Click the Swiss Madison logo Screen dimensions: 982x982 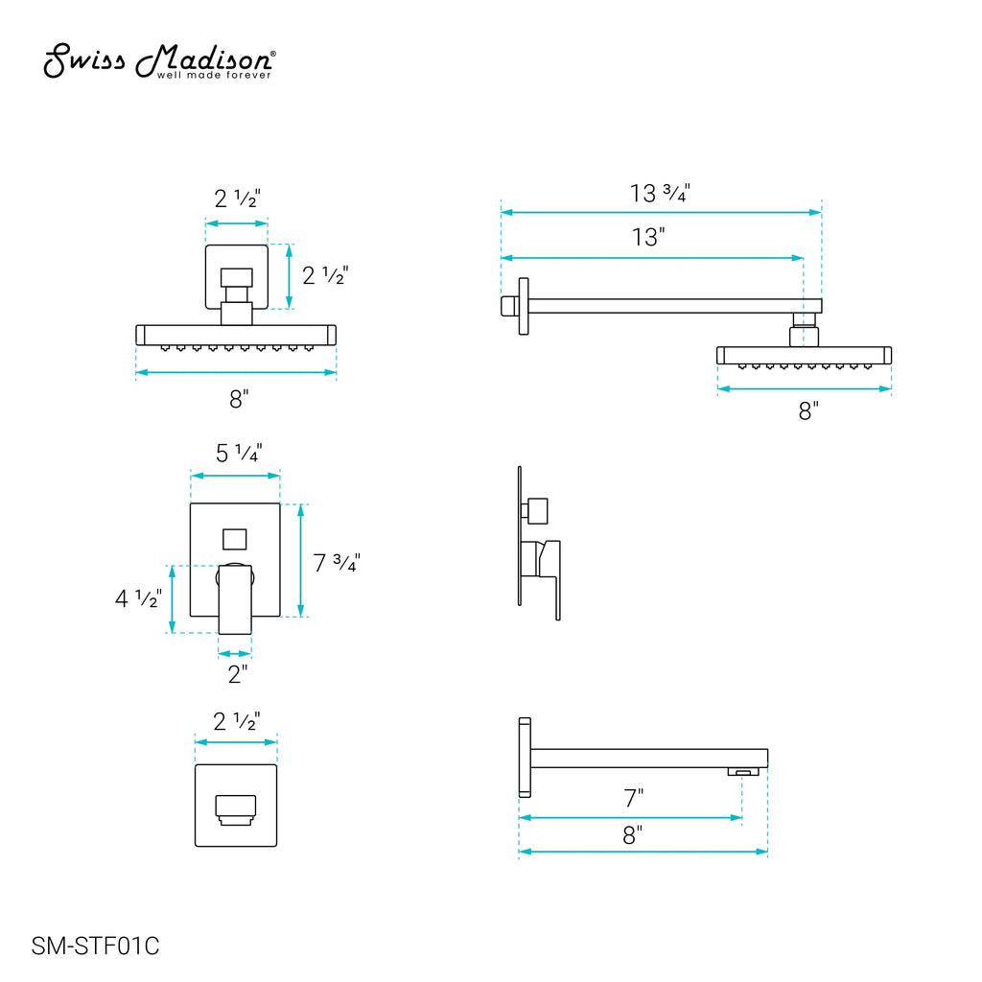(x=159, y=61)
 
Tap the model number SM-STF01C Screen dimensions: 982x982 (x=95, y=946)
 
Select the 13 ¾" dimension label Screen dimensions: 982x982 (x=660, y=193)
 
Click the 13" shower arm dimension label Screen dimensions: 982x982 (x=647, y=238)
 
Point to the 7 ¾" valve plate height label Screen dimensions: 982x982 (x=337, y=562)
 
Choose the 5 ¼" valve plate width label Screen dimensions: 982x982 (x=239, y=453)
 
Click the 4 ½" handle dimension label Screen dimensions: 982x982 (x=138, y=598)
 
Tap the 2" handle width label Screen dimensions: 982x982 (x=238, y=674)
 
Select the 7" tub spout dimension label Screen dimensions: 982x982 (x=633, y=799)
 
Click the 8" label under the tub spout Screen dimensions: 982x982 (x=633, y=835)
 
